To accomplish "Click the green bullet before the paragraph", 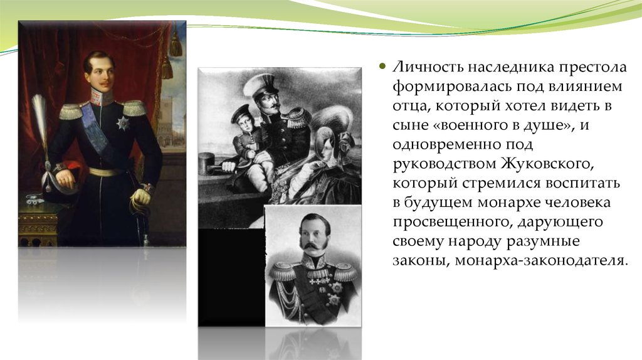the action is [383, 66].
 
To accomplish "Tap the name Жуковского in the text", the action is [546, 164].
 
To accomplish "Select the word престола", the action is [593, 67].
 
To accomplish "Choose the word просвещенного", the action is [453, 223].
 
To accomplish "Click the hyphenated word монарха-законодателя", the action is [540, 261].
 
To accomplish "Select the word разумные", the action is [542, 242].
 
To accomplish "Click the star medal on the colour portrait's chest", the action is [122, 122].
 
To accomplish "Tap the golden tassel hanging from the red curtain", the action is [176, 45].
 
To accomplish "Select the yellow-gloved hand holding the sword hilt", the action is [140, 197].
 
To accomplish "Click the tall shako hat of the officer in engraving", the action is [263, 87].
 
